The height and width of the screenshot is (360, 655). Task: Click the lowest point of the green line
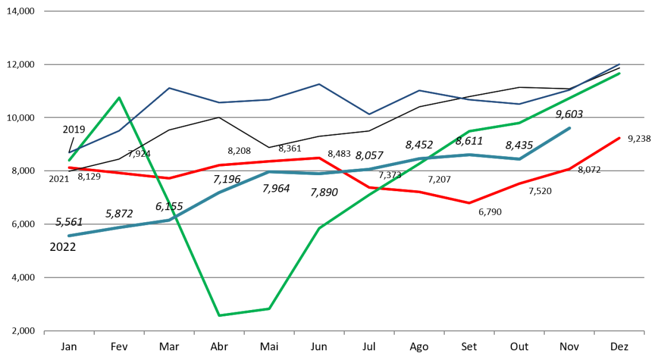pyautogui.click(x=219, y=315)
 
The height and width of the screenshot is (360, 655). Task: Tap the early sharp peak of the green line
pyautogui.click(x=119, y=98)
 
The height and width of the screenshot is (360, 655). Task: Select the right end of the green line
pyautogui.click(x=620, y=73)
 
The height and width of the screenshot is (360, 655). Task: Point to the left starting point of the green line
pyautogui.click(x=69, y=161)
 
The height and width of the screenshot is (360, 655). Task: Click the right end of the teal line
pyautogui.click(x=569, y=128)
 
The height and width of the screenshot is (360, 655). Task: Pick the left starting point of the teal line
pyautogui.click(x=69, y=235)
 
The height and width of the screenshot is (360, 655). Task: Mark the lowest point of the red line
pyautogui.click(x=469, y=203)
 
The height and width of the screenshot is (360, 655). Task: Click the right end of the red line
pyautogui.click(x=620, y=138)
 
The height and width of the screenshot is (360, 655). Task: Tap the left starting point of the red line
pyautogui.click(x=69, y=168)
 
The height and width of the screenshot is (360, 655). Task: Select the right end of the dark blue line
pyautogui.click(x=620, y=64)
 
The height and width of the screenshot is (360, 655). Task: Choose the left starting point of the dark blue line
pyautogui.click(x=69, y=153)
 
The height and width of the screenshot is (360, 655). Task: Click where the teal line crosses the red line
pyautogui.click(x=345, y=172)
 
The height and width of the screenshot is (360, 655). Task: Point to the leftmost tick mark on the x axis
pyautogui.click(x=44, y=331)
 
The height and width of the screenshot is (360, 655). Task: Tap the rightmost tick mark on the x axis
pyautogui.click(x=644, y=331)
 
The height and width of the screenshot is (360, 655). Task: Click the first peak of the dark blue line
pyautogui.click(x=169, y=88)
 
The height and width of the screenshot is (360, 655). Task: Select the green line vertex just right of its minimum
pyautogui.click(x=269, y=308)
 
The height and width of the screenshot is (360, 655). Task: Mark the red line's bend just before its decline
pyautogui.click(x=319, y=157)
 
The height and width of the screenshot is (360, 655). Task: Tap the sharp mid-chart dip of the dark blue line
pyautogui.click(x=369, y=114)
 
